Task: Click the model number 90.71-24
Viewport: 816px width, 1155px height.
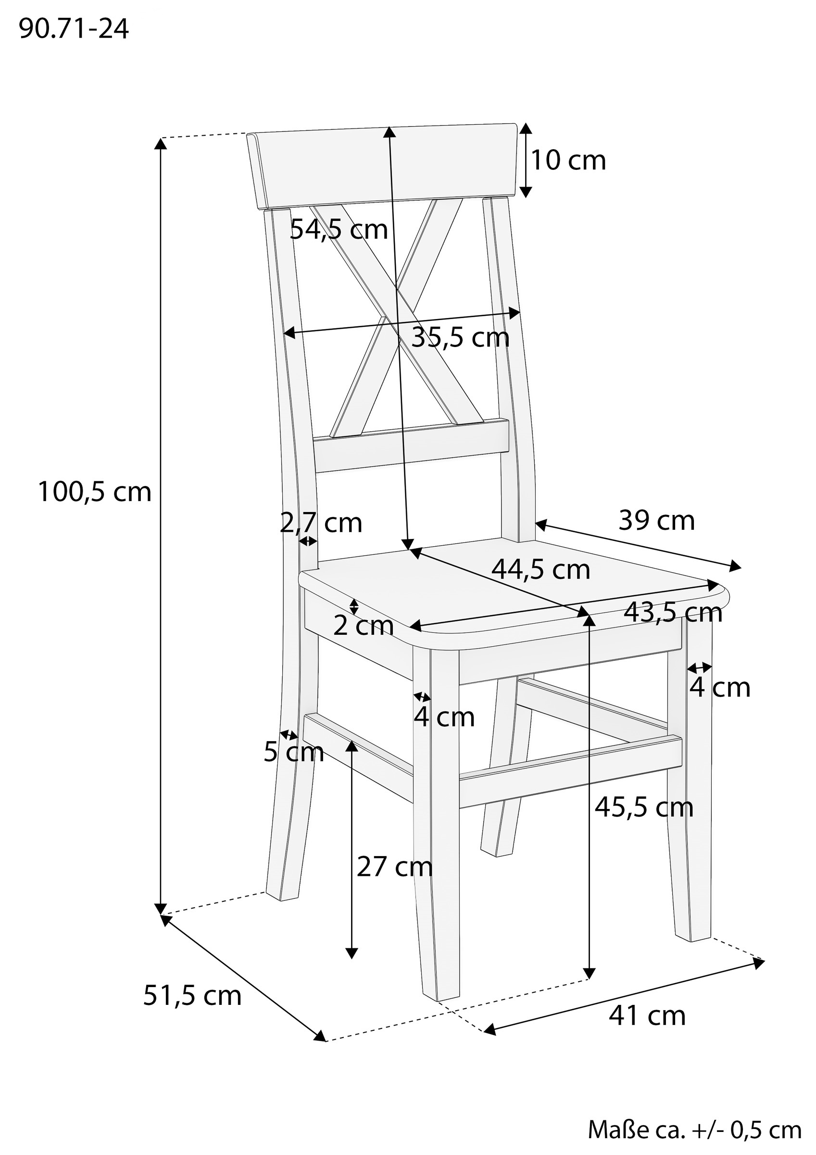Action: point(74,30)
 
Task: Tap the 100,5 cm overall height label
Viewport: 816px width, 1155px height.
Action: point(95,491)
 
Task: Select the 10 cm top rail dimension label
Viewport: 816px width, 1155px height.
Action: point(569,160)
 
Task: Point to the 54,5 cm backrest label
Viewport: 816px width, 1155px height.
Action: point(339,230)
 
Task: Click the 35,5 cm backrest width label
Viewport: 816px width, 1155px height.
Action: point(461,337)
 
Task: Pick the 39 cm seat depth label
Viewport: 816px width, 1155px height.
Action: point(657,520)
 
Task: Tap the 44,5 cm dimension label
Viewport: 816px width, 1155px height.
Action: point(541,569)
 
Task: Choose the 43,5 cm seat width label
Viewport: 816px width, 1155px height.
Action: point(673,613)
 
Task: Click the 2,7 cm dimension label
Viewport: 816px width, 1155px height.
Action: point(321,523)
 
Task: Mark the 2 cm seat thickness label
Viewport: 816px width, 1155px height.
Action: point(363,626)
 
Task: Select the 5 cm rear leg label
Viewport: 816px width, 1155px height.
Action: point(294,752)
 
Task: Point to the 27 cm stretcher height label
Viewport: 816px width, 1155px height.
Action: point(395,866)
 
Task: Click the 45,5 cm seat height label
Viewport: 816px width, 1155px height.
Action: point(644,808)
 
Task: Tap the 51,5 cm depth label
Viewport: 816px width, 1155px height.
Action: point(192,996)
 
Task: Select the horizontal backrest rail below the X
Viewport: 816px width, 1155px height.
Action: point(412,446)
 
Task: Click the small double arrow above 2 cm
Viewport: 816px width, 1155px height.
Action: point(354,607)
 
